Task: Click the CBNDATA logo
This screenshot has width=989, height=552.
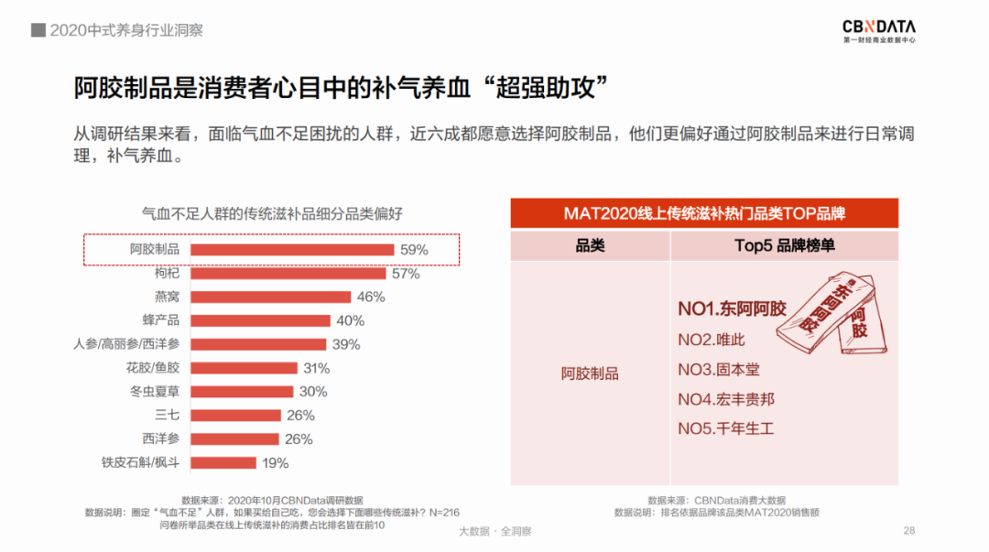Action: [x=878, y=31]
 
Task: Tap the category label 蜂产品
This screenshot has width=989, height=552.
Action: [x=161, y=320]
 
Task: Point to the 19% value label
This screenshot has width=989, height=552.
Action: [x=275, y=462]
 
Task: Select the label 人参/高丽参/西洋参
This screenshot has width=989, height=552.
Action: [x=126, y=344]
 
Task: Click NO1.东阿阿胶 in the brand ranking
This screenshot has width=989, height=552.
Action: [x=732, y=308]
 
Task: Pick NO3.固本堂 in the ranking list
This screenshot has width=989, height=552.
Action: [x=719, y=370]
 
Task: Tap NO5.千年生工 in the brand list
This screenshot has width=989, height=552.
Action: [x=726, y=428]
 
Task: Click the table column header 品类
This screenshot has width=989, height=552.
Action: [x=590, y=245]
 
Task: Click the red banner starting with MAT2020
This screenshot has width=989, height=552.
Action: [x=704, y=214]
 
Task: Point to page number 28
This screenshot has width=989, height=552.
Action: [x=909, y=531]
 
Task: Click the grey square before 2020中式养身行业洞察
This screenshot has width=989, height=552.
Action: [x=38, y=30]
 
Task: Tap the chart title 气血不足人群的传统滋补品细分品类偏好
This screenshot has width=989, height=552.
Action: [x=271, y=213]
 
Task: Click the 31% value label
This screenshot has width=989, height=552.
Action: [x=315, y=368]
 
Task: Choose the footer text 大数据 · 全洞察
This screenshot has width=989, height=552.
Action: [x=494, y=531]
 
